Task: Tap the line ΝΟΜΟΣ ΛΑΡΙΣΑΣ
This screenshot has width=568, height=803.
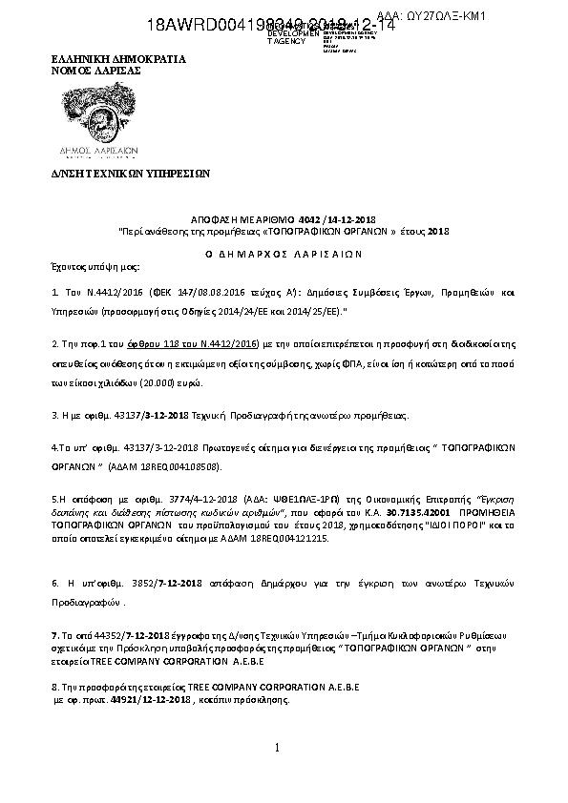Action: tap(95, 71)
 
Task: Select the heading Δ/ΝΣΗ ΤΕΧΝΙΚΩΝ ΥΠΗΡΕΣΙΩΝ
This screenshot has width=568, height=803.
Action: tap(129, 175)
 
